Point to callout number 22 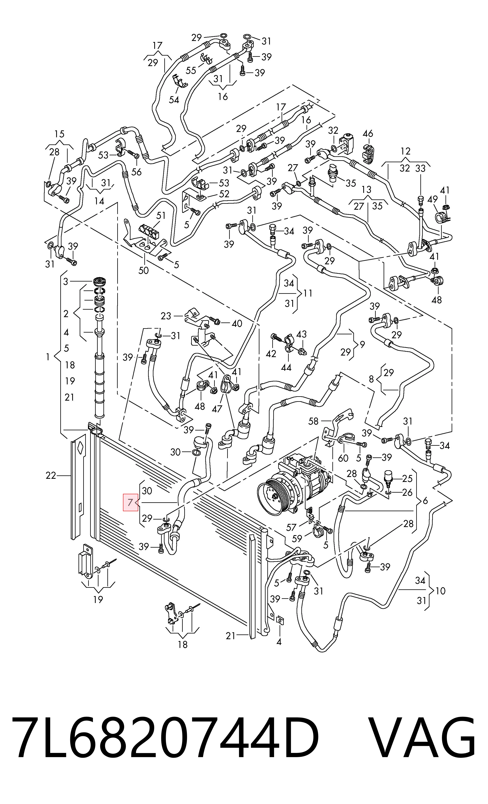pos(51,475)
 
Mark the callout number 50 pos(144,270)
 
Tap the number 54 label pos(174,100)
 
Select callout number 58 pos(313,421)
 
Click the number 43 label pos(301,334)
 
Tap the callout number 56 pos(136,172)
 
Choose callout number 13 pos(366,189)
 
